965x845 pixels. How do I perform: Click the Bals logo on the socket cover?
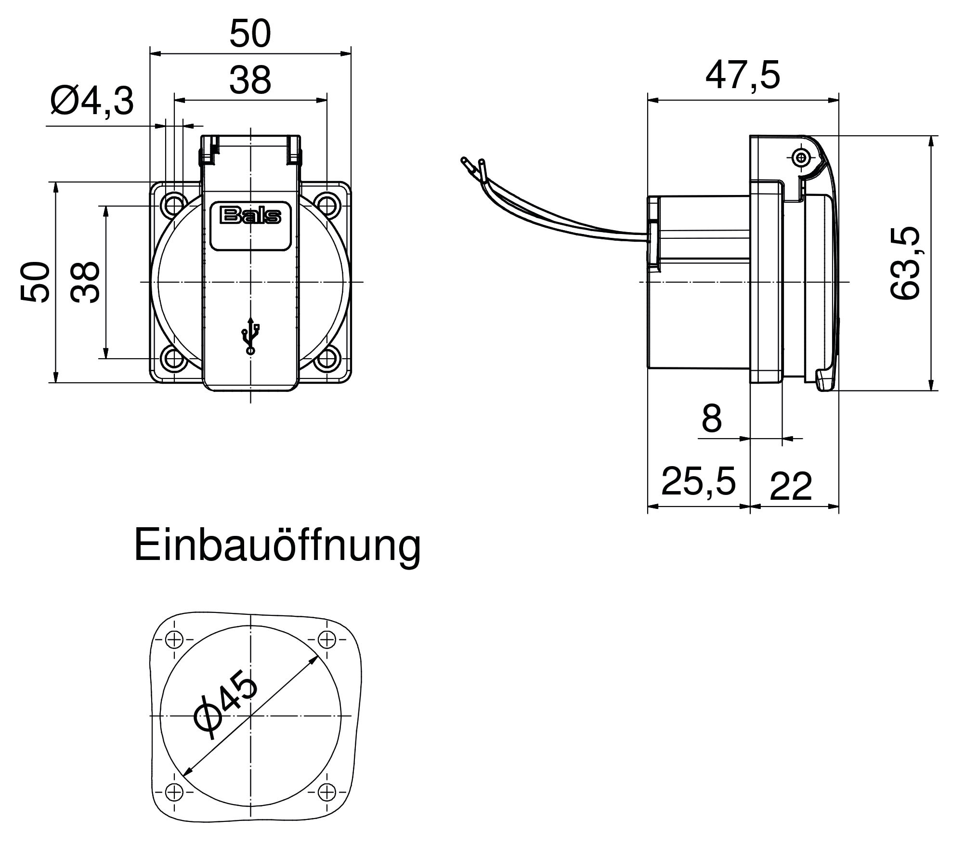pyautogui.click(x=250, y=216)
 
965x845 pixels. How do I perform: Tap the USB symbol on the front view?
pyautogui.click(x=250, y=336)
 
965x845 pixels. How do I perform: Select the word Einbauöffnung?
pyautogui.click(x=277, y=546)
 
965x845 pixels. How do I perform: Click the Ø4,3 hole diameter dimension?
pyautogui.click(x=91, y=101)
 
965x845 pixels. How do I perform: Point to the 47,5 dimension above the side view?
pyautogui.click(x=742, y=76)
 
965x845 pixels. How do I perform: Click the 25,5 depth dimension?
pyautogui.click(x=698, y=481)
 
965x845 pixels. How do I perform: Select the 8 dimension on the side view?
pyautogui.click(x=712, y=418)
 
